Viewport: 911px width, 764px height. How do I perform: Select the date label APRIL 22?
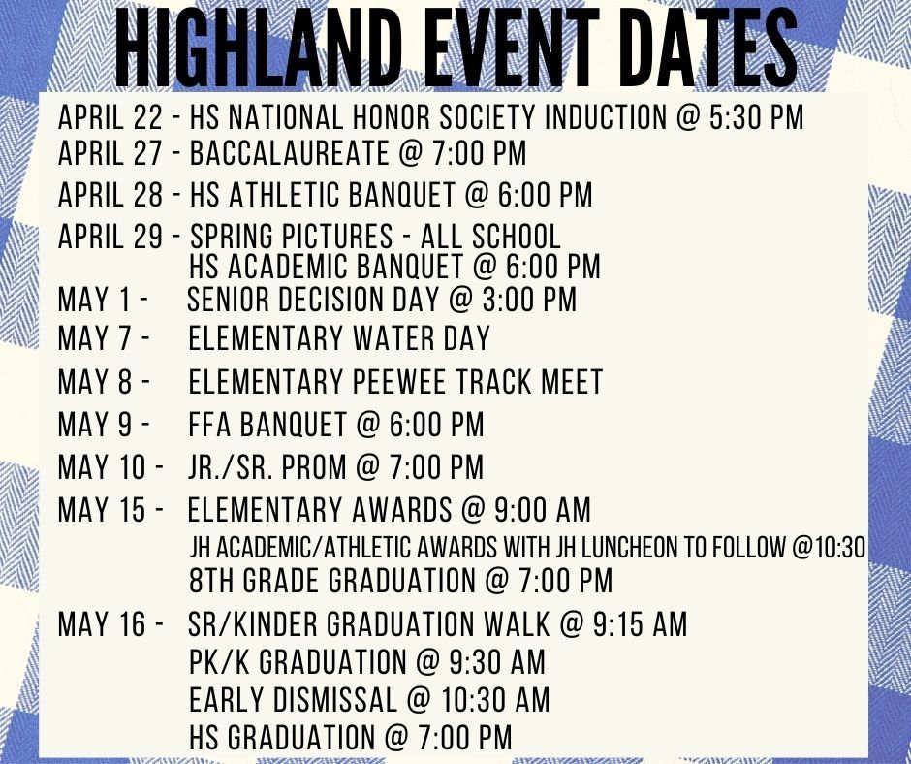110,117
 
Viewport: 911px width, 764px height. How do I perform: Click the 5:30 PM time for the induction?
757,117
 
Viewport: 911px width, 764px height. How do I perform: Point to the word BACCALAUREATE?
289,153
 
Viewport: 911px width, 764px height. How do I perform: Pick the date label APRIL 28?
110,195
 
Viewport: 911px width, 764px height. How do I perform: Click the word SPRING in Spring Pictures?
231,237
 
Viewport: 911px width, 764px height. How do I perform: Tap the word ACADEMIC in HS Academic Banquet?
287,267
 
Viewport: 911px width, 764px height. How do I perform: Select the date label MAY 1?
95,300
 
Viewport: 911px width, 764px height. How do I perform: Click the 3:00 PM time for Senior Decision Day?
529,300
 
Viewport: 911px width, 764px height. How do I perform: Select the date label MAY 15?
102,510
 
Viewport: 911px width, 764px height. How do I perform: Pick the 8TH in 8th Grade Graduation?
212,581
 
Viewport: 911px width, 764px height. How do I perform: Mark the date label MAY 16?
102,624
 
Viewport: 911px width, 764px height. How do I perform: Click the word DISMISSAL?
334,699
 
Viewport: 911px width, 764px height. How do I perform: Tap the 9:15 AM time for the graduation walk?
640,624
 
